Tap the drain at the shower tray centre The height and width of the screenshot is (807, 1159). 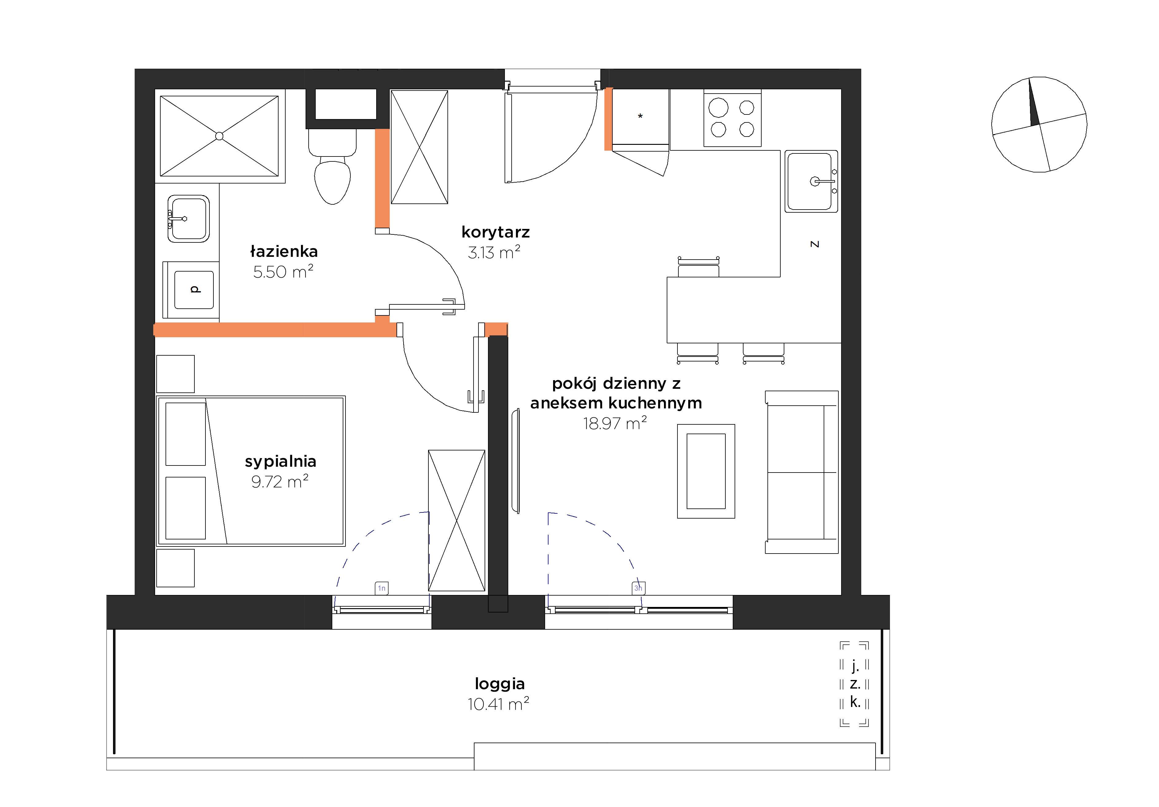(219, 136)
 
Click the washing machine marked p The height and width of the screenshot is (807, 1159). (191, 290)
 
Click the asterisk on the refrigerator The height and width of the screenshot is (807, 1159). (640, 117)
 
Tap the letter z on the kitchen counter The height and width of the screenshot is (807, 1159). (814, 244)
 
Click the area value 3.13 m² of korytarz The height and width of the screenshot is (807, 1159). (494, 252)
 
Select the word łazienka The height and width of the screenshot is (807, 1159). (284, 251)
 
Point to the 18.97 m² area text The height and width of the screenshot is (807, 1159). (615, 423)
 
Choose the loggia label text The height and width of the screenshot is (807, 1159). (500, 684)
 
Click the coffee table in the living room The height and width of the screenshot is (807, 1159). (706, 471)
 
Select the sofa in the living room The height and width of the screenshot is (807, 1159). (802, 472)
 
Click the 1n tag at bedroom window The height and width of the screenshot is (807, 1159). (382, 588)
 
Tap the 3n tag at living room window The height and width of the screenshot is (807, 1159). (638, 588)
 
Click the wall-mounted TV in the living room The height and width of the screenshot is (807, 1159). (515, 461)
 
